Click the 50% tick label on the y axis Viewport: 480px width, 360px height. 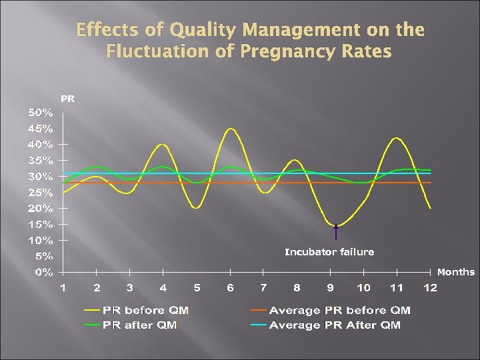[40, 112]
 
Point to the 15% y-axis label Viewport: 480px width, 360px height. [40, 224]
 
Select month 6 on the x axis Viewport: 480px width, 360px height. [230, 287]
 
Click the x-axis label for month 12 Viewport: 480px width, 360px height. [430, 287]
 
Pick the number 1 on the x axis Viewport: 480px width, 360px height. [63, 287]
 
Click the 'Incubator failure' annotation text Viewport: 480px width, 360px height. [329, 252]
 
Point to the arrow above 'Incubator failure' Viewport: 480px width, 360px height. [336, 232]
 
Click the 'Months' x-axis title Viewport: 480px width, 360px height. [456, 272]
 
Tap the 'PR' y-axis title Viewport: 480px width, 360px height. [68, 99]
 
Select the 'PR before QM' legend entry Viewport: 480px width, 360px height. [137, 310]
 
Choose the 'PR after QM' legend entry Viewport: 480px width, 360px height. [133, 325]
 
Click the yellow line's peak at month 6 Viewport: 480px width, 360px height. [231, 129]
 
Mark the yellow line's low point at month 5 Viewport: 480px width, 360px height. [196, 207]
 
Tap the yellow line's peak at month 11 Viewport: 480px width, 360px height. [397, 138]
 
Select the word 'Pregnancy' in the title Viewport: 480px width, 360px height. [281, 51]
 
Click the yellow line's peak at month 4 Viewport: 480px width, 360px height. [163, 144]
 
